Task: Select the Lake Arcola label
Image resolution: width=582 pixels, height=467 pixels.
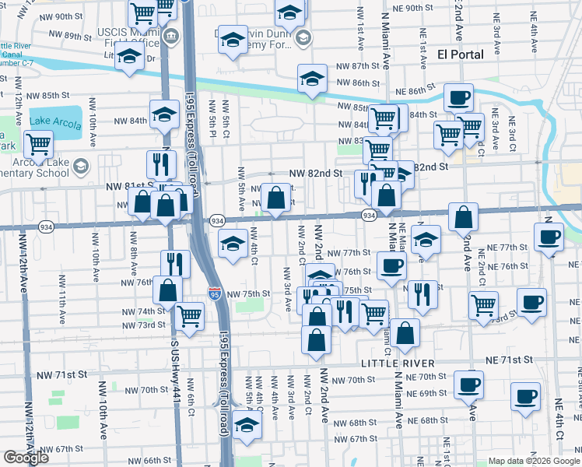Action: [x=55, y=119]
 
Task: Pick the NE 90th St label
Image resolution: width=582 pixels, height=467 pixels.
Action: [x=407, y=8]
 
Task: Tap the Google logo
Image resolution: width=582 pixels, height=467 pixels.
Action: [x=26, y=457]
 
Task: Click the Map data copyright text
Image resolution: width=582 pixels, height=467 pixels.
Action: [x=534, y=461]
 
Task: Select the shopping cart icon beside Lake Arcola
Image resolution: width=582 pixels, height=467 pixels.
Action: [x=37, y=143]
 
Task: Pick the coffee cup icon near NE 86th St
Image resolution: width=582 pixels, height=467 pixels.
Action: [x=458, y=98]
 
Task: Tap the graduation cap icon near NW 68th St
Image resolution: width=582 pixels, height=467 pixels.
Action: [x=247, y=425]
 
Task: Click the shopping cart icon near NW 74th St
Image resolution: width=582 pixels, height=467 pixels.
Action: [x=189, y=314]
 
